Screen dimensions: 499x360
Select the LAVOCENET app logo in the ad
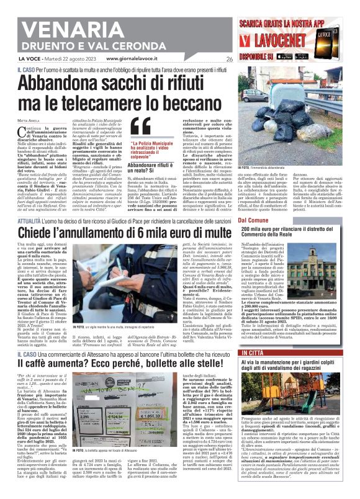(291, 42)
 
